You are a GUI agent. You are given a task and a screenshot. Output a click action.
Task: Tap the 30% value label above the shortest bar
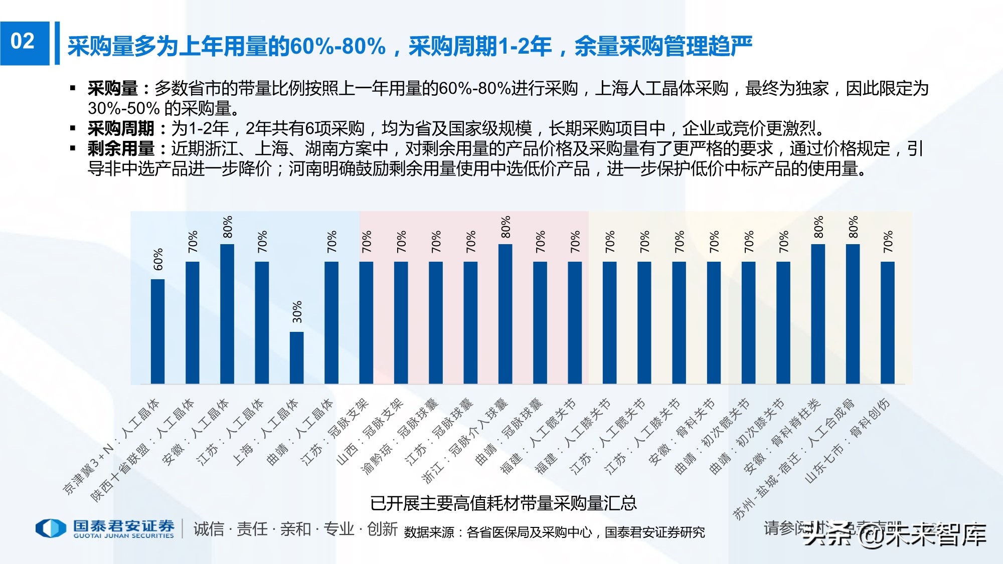[x=297, y=312]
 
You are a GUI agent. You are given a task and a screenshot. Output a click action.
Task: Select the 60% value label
[x=158, y=259]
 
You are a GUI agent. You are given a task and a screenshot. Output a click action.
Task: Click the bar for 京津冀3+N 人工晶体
[x=157, y=331]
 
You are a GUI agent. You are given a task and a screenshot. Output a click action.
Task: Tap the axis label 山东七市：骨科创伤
[x=848, y=441]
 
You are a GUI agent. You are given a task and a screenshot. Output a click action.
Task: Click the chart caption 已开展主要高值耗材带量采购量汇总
[x=503, y=503]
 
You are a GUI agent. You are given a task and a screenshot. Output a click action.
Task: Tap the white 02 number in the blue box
[x=23, y=42]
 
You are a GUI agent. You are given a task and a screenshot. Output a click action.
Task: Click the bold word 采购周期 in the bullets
[x=121, y=129]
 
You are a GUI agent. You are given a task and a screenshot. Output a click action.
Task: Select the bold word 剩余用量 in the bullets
[x=121, y=149]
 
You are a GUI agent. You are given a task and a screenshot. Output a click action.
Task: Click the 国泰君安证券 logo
[x=105, y=528]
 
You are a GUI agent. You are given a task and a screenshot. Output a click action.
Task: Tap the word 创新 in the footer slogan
[x=382, y=529]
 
